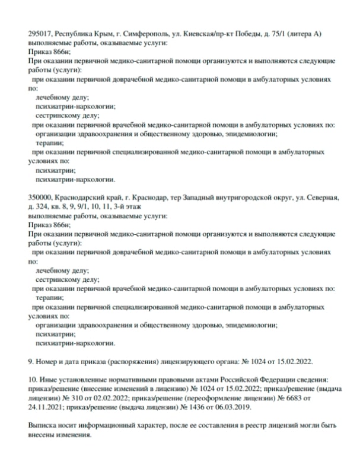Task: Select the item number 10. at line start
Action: pos(33,378)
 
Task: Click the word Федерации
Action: pos(268,378)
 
